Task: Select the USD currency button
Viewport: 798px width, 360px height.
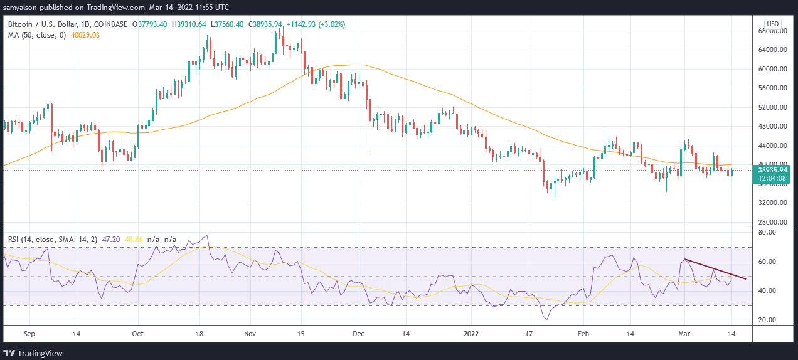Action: click(x=773, y=24)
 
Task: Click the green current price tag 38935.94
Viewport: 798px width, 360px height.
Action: click(x=772, y=170)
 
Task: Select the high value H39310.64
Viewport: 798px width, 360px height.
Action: click(x=190, y=24)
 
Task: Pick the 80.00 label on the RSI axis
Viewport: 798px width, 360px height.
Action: click(x=767, y=233)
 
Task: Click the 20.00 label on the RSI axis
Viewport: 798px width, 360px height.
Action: click(x=767, y=320)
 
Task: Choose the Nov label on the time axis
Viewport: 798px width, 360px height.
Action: click(x=250, y=334)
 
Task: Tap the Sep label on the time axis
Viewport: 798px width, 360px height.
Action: click(x=29, y=334)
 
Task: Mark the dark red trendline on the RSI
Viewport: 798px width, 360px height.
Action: click(x=715, y=269)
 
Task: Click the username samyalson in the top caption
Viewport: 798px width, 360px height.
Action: click(x=23, y=8)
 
